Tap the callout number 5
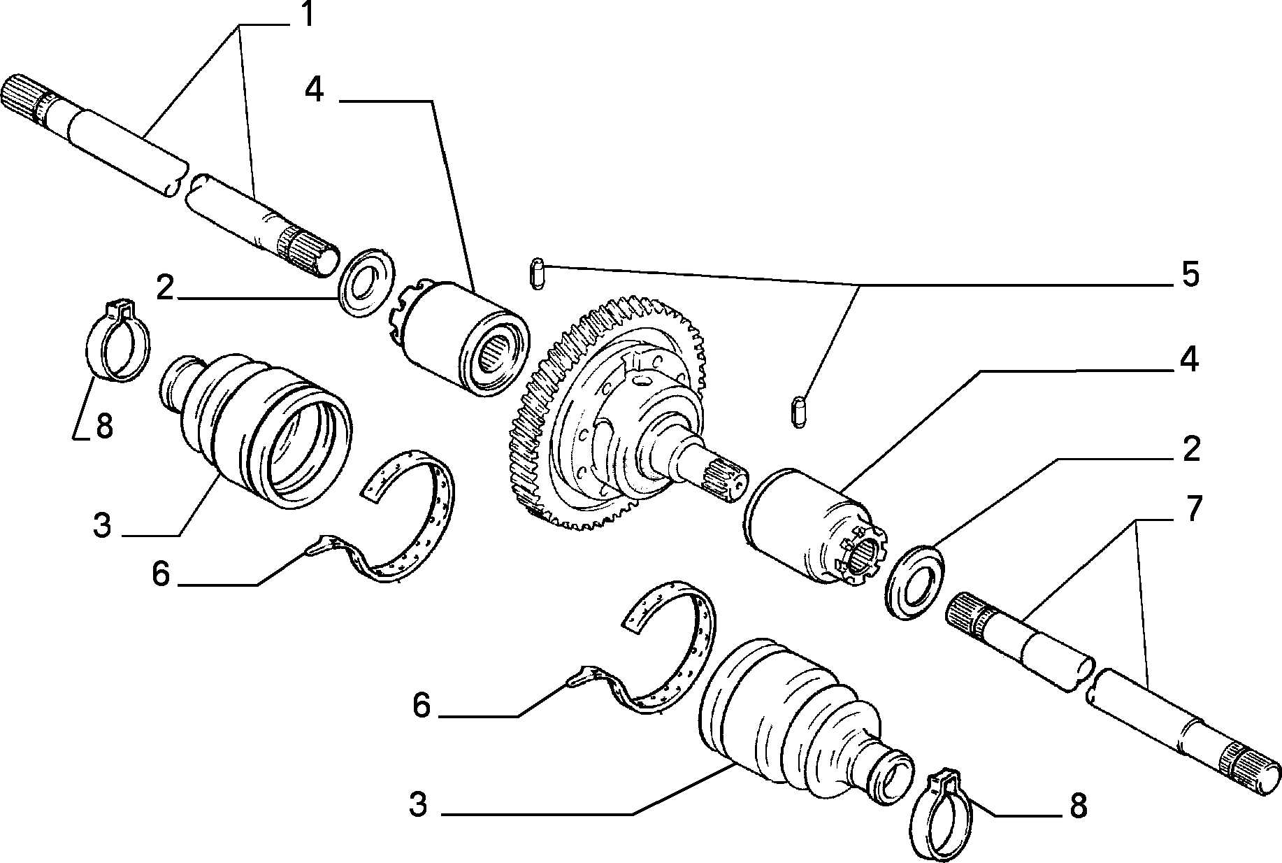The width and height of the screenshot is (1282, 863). pyautogui.click(x=1190, y=275)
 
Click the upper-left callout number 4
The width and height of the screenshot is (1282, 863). pyautogui.click(x=315, y=90)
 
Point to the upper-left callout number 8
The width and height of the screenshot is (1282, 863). pyautogui.click(x=104, y=426)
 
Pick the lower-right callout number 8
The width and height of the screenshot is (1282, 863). pyautogui.click(x=1079, y=806)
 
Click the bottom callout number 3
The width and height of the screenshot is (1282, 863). pyautogui.click(x=418, y=805)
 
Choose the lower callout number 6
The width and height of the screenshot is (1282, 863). pyautogui.click(x=421, y=706)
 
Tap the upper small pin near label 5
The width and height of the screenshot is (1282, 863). pyautogui.click(x=537, y=273)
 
